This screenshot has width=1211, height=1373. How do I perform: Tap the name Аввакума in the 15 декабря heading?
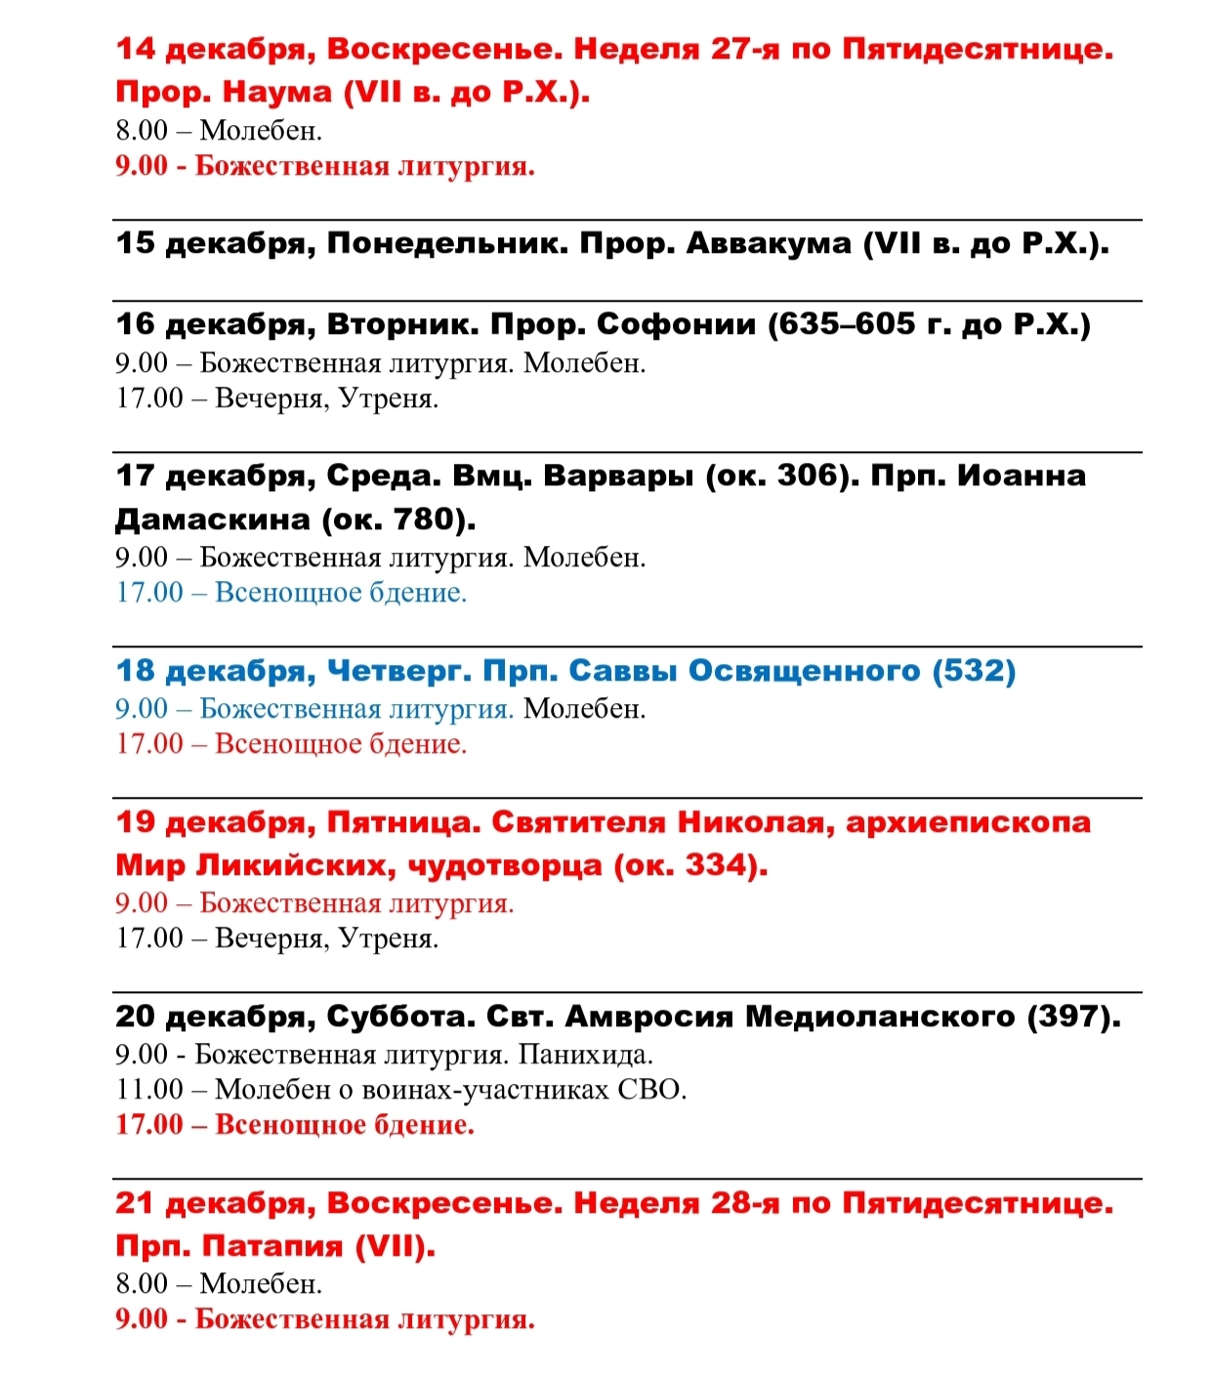(x=769, y=243)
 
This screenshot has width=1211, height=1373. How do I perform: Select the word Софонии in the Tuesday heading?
(x=676, y=324)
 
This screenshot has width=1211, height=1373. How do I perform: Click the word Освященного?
(x=804, y=671)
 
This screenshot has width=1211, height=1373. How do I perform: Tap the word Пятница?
(x=401, y=822)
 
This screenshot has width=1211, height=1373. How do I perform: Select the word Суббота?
(x=398, y=1017)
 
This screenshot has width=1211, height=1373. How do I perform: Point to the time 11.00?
(x=149, y=1089)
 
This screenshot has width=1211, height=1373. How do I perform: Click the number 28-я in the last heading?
(x=744, y=1203)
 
